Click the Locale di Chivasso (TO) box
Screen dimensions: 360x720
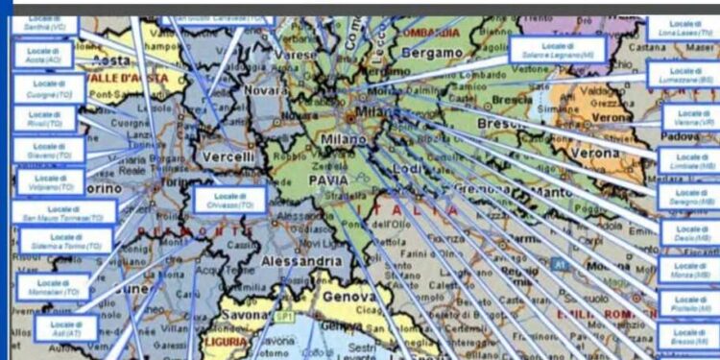point(228,200)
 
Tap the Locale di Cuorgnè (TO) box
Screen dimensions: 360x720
point(49,88)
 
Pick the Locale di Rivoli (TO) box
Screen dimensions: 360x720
point(44,119)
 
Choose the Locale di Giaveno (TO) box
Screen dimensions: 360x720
point(49,150)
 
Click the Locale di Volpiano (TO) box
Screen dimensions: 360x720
point(50,181)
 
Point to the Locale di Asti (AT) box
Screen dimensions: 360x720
point(66,328)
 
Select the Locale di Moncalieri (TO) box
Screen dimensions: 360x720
point(54,286)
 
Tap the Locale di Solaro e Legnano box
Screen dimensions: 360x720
point(558,50)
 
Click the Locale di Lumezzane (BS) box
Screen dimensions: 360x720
point(684,75)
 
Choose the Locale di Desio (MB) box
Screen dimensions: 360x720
point(689,233)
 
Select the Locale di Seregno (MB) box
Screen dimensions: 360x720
point(689,197)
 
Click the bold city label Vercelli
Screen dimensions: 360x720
point(228,156)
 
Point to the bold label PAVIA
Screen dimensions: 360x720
point(327,180)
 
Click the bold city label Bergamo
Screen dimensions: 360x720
point(431,54)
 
